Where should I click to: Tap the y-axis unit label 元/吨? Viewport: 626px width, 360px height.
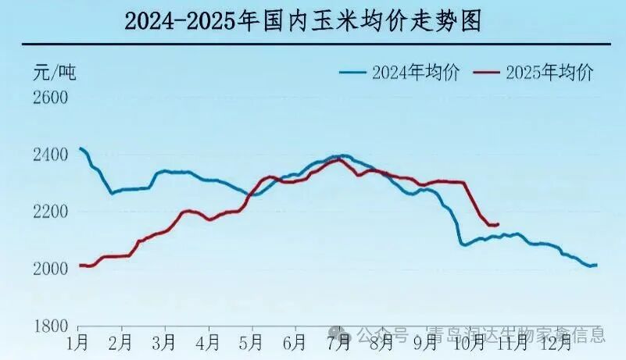[55, 73]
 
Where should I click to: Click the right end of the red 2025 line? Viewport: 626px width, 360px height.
[498, 225]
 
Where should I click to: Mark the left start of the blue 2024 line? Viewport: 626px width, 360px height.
[80, 148]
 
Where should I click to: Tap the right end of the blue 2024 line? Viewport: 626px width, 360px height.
[597, 266]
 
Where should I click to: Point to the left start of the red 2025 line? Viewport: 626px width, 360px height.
[80, 266]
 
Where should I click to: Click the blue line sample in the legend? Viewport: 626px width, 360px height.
[353, 73]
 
